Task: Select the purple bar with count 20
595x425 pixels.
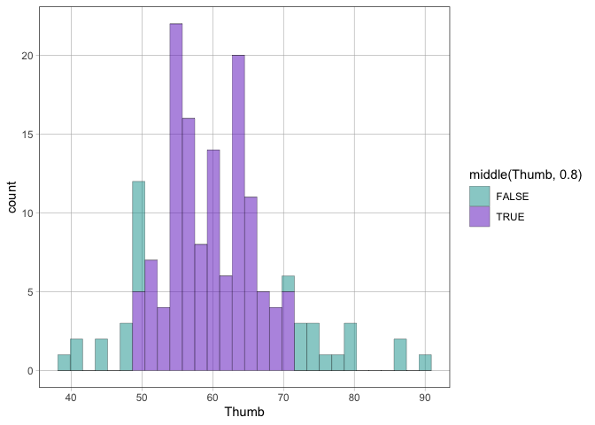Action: click(x=238, y=212)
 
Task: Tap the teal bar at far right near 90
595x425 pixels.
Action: click(x=425, y=363)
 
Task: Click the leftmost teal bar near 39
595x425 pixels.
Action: click(x=64, y=363)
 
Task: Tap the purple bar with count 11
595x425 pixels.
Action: click(x=251, y=283)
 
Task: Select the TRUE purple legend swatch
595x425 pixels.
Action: click(x=478, y=216)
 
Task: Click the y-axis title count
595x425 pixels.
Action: click(x=12, y=200)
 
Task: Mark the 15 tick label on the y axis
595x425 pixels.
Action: click(x=26, y=135)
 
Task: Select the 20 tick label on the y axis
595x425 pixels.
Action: click(x=26, y=56)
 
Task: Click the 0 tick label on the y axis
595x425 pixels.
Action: click(x=28, y=371)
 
